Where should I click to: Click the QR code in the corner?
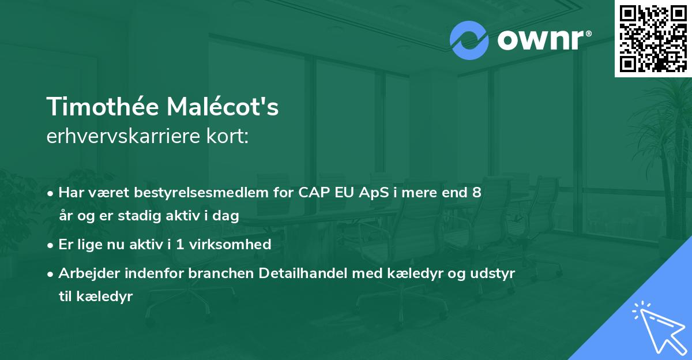coord(653,38)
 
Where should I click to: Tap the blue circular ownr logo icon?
coord(469,40)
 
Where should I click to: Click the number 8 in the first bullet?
coord(476,192)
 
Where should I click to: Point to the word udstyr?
coord(493,273)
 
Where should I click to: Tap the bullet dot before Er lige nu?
coord(51,245)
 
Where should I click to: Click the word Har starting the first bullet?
coord(71,192)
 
